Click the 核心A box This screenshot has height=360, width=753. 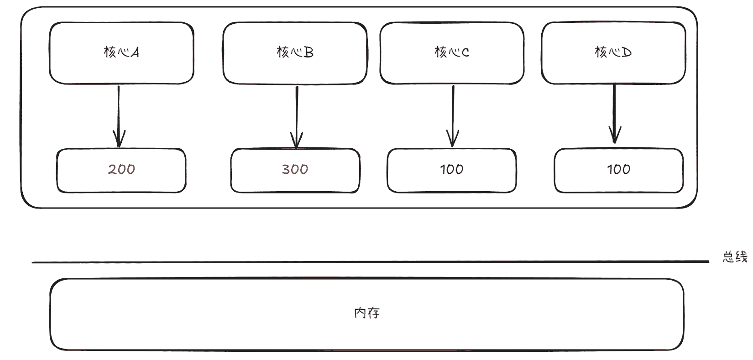(x=121, y=53)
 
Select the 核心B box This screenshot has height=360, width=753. (x=295, y=53)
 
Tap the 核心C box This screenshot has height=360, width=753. (x=452, y=53)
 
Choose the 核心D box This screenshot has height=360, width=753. (x=613, y=53)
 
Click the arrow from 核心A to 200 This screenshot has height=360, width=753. (x=119, y=117)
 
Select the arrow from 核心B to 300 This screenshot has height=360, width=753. (x=297, y=117)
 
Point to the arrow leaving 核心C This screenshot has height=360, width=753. (x=453, y=116)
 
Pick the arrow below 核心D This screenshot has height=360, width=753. (x=615, y=114)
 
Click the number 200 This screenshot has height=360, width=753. (x=121, y=169)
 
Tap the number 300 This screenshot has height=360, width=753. (x=295, y=169)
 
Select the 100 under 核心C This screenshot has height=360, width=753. (x=451, y=169)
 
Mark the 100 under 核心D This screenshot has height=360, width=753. (x=618, y=169)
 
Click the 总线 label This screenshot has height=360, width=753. (x=735, y=257)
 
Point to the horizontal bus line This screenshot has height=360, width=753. (x=371, y=262)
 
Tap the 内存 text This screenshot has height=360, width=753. (x=367, y=313)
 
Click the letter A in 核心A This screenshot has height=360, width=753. (x=135, y=52)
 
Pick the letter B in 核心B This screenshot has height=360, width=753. (x=309, y=52)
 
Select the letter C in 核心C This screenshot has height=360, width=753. (x=465, y=52)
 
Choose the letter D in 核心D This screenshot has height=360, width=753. (x=627, y=52)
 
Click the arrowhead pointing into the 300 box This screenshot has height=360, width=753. (x=297, y=141)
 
